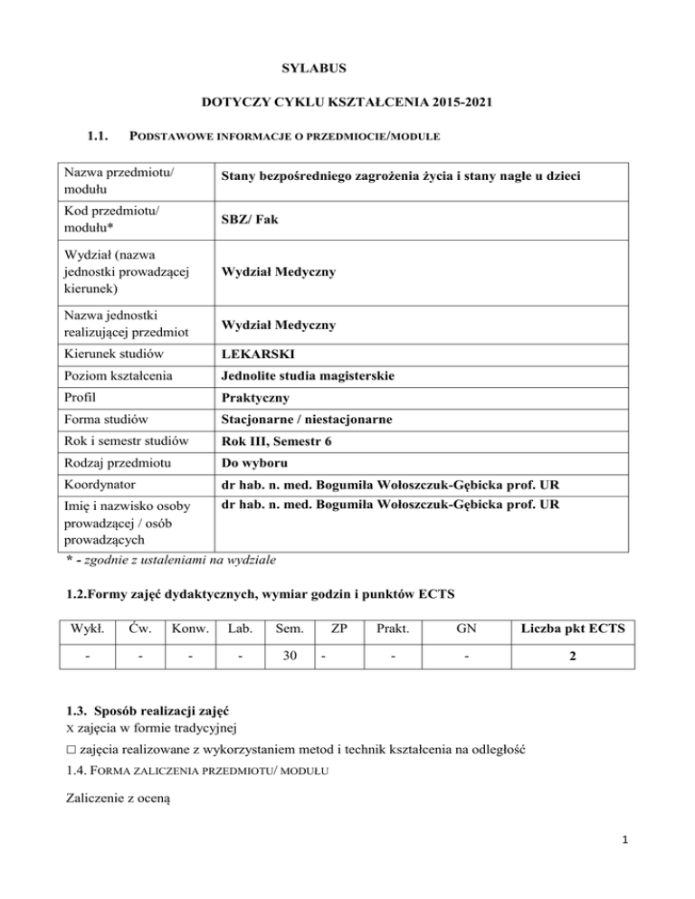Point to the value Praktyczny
258,397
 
